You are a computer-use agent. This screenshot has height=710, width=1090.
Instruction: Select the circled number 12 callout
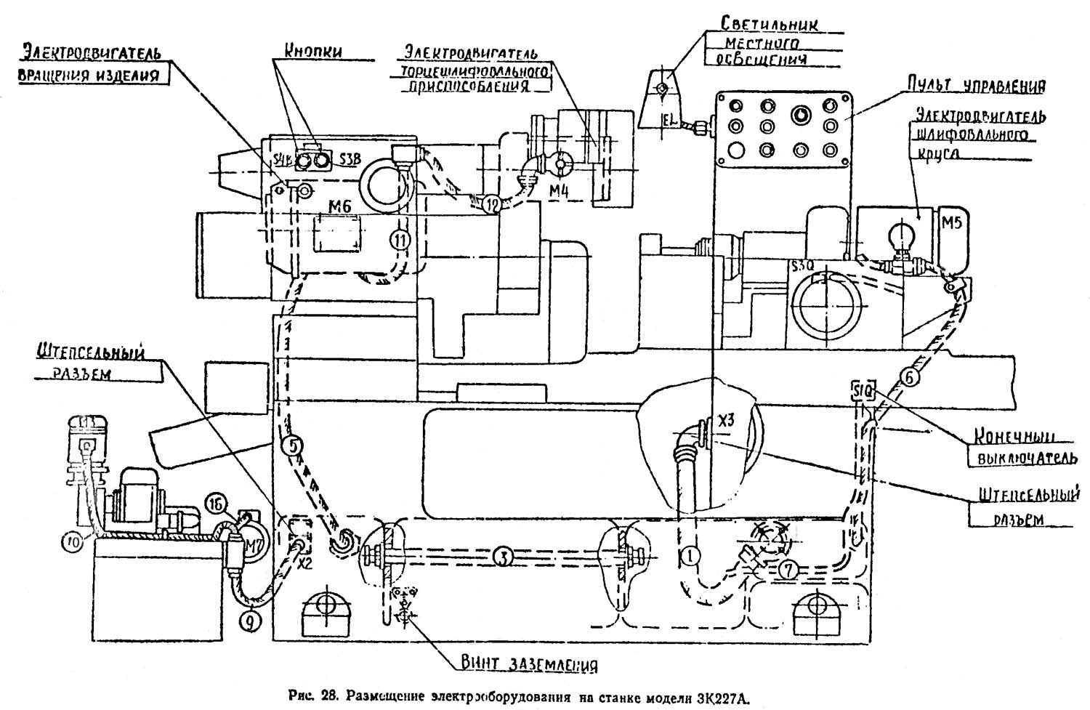pos(491,206)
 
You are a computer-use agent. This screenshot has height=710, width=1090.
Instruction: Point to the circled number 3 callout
pos(502,557)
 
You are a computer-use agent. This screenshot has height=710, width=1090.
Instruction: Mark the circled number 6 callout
pos(911,376)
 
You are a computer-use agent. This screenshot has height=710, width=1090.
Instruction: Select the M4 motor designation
pos(559,191)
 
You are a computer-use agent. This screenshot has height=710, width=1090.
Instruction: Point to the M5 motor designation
pos(951,222)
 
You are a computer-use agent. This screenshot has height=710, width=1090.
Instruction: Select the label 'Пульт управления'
pos(974,85)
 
